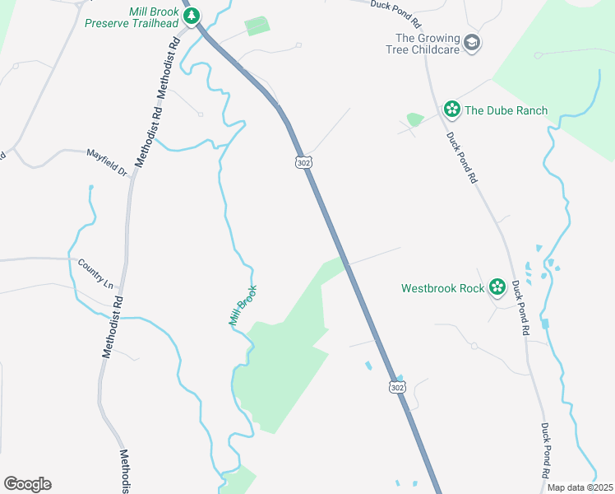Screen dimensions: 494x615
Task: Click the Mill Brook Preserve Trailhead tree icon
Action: [192, 16]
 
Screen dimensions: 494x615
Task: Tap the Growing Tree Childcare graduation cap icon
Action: [472, 43]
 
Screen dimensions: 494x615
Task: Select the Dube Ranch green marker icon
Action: [451, 110]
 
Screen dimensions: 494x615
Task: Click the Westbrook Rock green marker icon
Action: [497, 287]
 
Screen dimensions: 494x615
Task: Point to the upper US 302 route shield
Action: [303, 161]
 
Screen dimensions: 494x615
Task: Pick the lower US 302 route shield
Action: [397, 386]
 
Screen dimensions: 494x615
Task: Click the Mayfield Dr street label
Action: [108, 161]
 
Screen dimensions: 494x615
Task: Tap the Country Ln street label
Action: [95, 273]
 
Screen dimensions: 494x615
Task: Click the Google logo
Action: [27, 484]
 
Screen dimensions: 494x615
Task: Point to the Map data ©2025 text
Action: [579, 487]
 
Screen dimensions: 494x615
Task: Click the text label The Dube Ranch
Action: [506, 110]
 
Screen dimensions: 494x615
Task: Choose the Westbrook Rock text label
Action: [442, 288]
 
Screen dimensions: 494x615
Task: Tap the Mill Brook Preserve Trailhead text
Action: [131, 17]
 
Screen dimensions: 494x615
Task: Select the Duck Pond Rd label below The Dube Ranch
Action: [461, 157]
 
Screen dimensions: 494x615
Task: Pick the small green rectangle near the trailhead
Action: [257, 26]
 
